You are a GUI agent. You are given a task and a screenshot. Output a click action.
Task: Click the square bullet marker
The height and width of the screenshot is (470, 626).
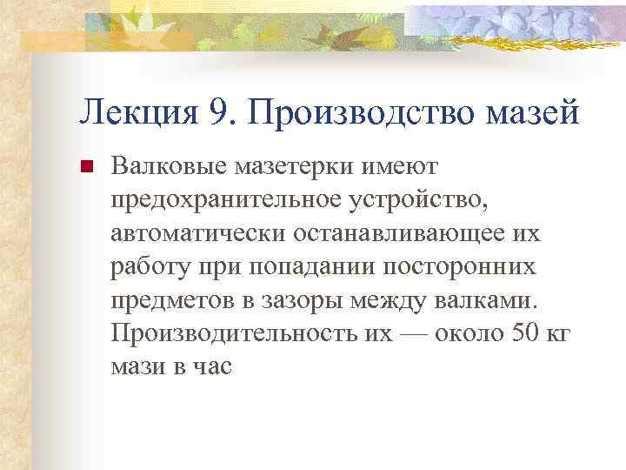point(86,165)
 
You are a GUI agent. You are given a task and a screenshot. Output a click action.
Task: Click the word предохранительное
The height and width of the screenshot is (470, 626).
point(225,199)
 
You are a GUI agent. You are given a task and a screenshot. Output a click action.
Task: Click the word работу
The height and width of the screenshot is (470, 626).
point(147,266)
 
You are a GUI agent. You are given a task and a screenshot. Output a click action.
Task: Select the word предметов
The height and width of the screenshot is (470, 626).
point(170,300)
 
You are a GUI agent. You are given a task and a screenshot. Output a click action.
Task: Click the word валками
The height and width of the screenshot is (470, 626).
point(492,300)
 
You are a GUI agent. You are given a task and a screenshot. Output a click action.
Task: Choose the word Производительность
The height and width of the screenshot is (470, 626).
point(230,334)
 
